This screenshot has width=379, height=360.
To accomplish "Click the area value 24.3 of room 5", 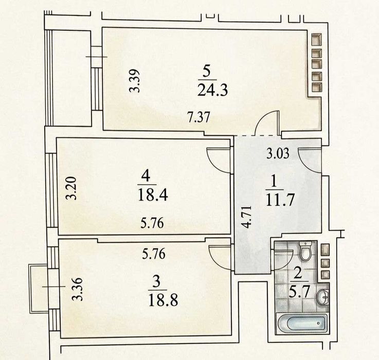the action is point(212,90).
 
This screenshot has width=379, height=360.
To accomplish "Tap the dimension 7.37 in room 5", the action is point(198,117).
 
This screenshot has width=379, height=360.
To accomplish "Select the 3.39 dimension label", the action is point(134,81).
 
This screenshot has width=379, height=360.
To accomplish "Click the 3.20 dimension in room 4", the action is point(72,188).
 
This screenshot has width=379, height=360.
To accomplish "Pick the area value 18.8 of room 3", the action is point(163,300).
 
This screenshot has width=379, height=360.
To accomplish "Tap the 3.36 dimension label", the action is point(78,289).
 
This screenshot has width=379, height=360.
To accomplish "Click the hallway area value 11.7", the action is point(280,200).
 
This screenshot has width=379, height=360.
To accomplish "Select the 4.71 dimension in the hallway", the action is point(247,217).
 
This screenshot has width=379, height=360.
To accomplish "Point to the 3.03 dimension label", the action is point(278,153).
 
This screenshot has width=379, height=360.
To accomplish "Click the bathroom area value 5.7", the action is point(299,293).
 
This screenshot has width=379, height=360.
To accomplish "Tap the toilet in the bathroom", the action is point(305,251).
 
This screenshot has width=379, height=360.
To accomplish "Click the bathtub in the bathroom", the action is point(302,323).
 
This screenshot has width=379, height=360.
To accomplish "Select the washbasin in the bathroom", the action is point(323,297).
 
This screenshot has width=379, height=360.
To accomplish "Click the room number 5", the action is point(207,73).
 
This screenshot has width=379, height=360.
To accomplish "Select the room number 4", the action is point(146,177).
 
